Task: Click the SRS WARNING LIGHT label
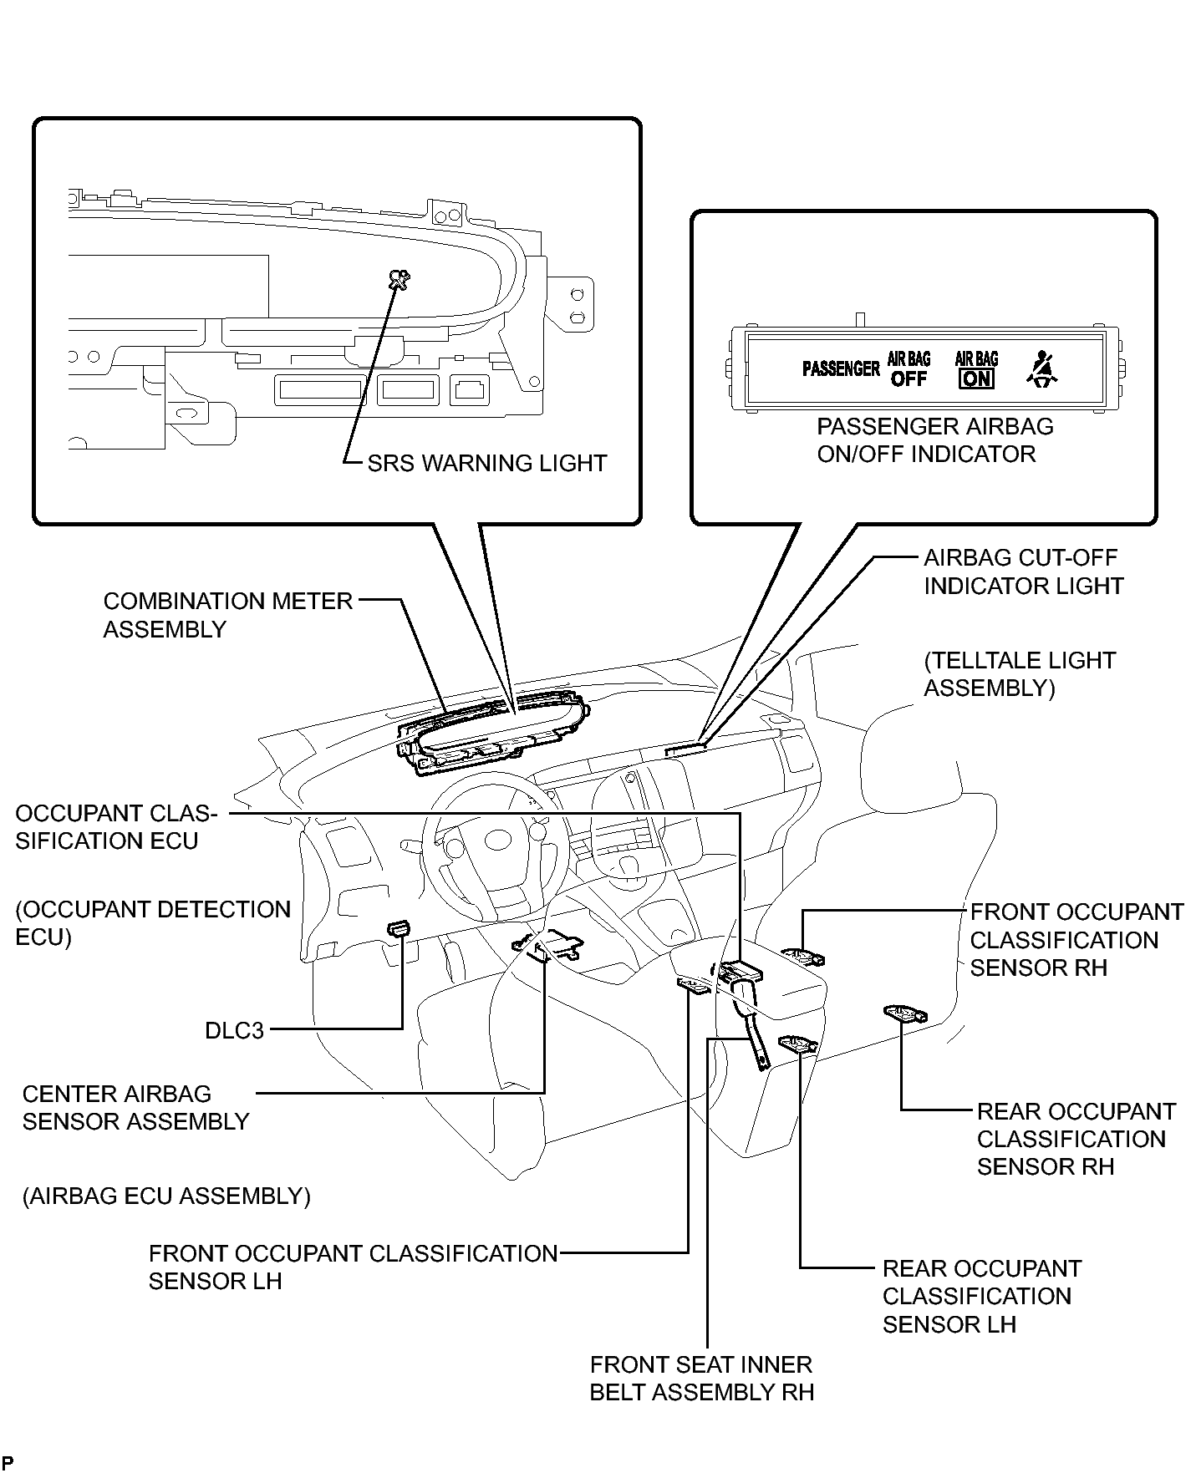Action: point(487,463)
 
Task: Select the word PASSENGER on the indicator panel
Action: point(841,368)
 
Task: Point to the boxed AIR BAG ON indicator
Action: point(976,369)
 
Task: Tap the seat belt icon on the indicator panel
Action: point(1041,369)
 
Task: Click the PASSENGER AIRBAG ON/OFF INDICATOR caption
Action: point(934,440)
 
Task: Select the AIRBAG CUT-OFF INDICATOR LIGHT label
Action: point(1023,571)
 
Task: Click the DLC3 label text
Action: point(234,1030)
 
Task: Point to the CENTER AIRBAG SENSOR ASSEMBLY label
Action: point(135,1107)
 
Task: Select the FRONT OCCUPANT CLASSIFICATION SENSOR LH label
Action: point(353,1267)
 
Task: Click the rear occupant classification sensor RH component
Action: point(904,1014)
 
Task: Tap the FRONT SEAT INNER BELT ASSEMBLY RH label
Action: point(701,1378)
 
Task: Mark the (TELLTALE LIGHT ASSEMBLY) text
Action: point(1019,673)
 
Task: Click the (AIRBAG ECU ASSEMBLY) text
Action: point(166,1196)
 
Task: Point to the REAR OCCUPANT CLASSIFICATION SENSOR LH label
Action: point(981,1296)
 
